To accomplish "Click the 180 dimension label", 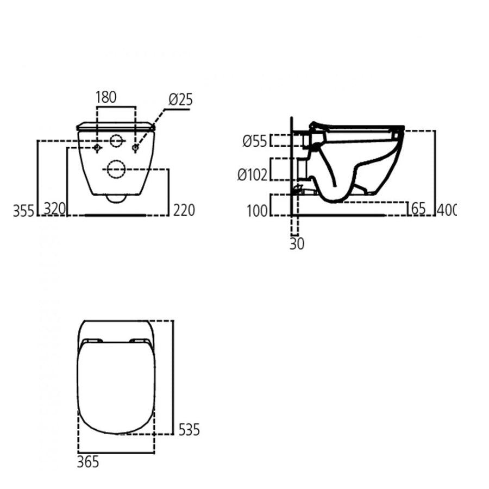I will [106, 98].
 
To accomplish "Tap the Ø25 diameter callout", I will [180, 99].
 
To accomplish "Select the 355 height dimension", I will [23, 210].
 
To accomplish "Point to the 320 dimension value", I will [54, 210].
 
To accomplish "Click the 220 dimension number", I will [183, 210].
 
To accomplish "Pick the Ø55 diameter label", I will [255, 141].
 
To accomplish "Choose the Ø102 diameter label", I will [252, 174].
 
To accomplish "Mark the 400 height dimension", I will [447, 209].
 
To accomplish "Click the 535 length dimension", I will [189, 430].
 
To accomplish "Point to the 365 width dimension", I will [88, 462].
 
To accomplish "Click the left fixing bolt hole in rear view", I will [97, 147].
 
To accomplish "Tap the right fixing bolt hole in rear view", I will [135, 147].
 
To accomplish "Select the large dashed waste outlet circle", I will [116, 170].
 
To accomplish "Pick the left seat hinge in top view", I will [93, 341].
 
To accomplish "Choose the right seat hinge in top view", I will [140, 341].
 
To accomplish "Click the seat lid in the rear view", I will [116, 126].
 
